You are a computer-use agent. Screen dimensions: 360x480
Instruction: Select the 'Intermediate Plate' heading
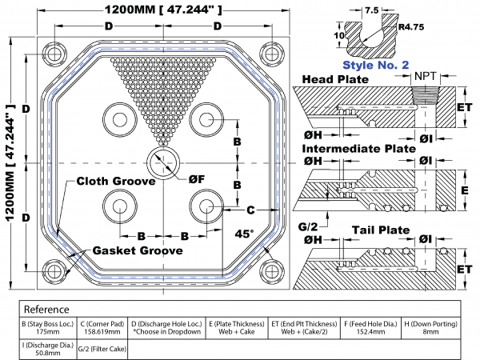[358, 149]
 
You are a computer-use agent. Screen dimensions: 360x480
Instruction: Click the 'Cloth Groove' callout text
[115, 182]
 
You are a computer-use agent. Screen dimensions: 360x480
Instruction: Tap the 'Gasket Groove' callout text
[137, 249]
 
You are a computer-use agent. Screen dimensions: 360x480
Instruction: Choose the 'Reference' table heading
[46, 309]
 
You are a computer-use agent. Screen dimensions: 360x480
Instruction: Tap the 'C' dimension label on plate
[250, 210]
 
